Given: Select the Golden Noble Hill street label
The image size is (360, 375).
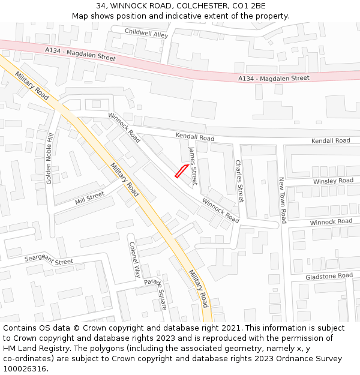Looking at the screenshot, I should [50, 158].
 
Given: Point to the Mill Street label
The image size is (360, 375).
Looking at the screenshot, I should [89, 197].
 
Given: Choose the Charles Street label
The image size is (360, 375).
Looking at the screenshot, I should [239, 180].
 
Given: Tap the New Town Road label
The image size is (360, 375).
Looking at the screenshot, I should [282, 200].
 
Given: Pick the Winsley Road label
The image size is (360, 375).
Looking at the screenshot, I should [333, 181].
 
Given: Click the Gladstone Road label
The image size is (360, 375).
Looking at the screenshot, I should [329, 275].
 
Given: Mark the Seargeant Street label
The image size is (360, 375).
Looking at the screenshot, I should [49, 260].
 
